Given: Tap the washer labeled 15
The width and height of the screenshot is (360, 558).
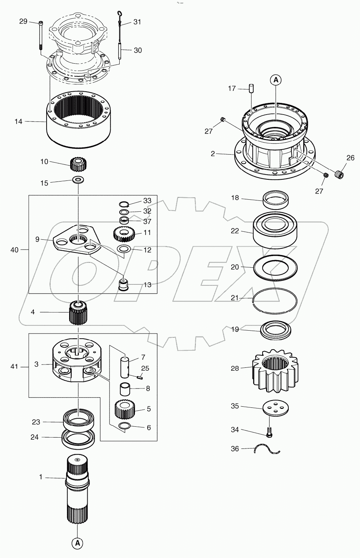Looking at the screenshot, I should (x=78, y=179).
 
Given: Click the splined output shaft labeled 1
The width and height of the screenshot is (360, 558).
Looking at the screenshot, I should (x=77, y=487).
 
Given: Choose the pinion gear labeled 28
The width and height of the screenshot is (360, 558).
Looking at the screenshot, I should (x=275, y=370).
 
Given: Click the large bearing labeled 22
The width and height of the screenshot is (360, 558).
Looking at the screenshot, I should (x=275, y=230).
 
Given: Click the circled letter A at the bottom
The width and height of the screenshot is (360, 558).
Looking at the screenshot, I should (x=77, y=543).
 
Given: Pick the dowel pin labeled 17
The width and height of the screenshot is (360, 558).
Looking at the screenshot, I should (x=251, y=89).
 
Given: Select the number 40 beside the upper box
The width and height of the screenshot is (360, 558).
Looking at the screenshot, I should (x=15, y=250).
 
